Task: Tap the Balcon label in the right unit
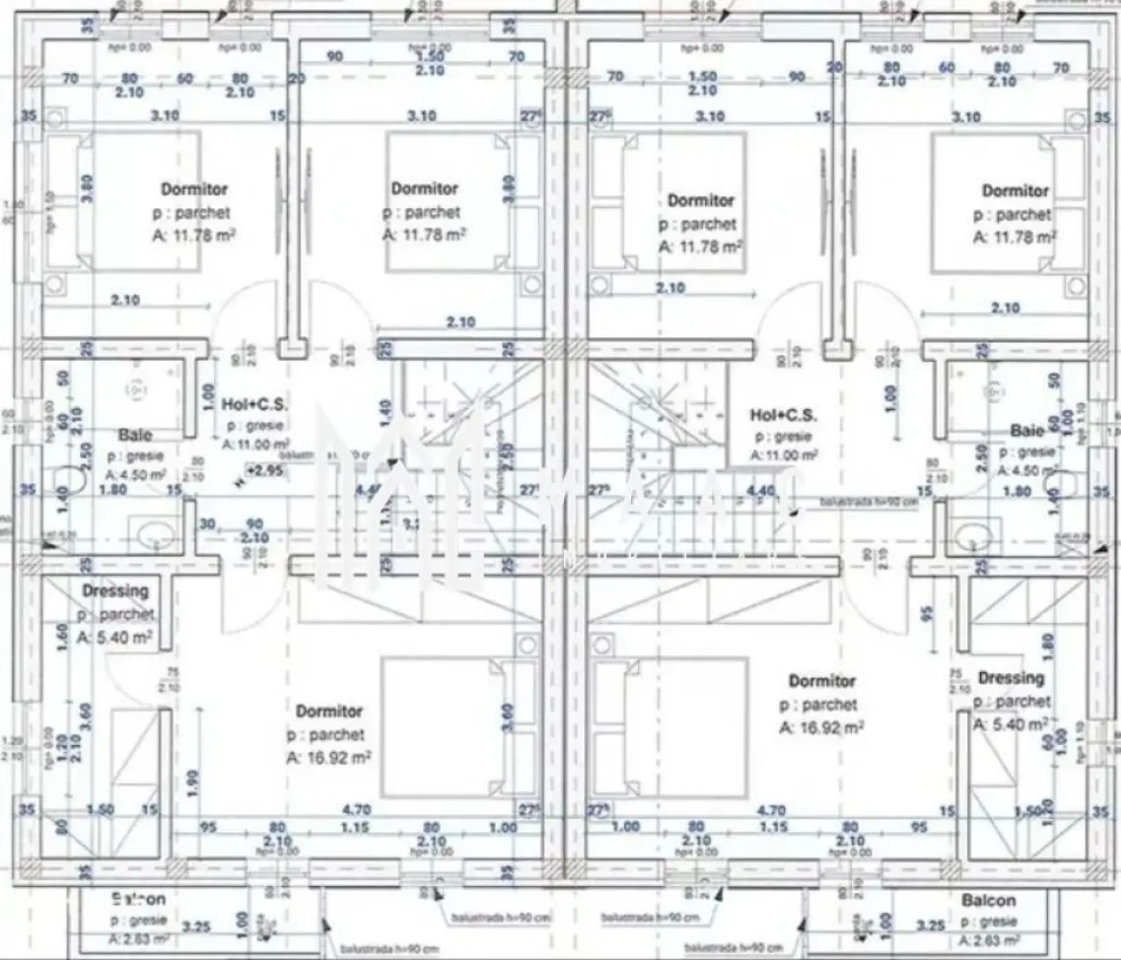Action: (987, 900)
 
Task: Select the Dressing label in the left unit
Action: (115, 591)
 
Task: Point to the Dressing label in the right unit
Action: (1011, 678)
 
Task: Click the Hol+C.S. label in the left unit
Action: (248, 404)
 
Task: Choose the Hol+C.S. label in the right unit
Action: (784, 415)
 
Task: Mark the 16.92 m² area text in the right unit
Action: (822, 728)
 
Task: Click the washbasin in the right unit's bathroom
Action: (972, 535)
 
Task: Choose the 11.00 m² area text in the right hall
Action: (784, 455)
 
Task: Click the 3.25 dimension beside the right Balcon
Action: (929, 926)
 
